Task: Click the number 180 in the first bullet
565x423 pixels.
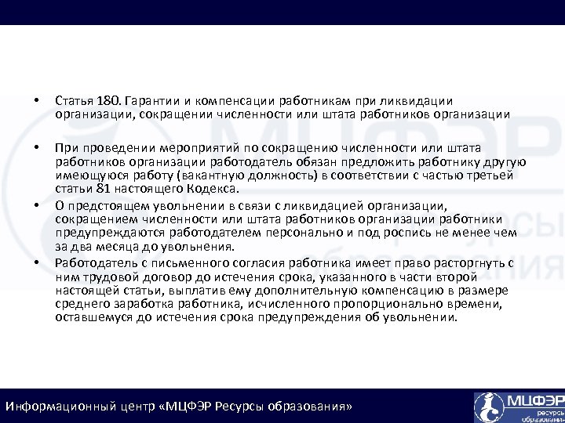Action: (108, 100)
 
